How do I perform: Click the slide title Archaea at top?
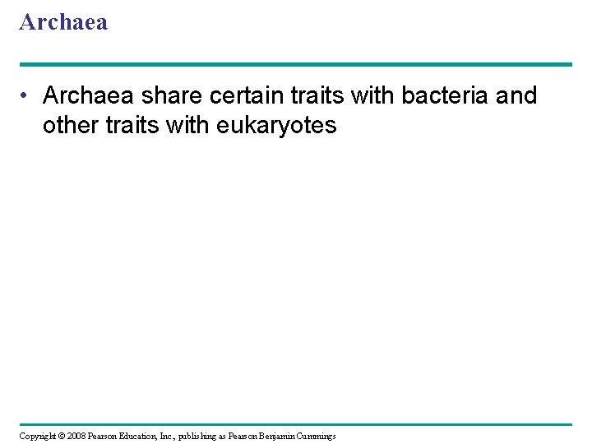(63, 22)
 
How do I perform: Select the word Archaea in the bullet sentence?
(89, 96)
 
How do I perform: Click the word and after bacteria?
(517, 96)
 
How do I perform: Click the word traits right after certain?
(318, 96)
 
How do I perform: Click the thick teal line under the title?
(296, 64)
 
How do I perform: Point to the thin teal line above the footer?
(296, 424)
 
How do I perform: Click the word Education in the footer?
(149, 436)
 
